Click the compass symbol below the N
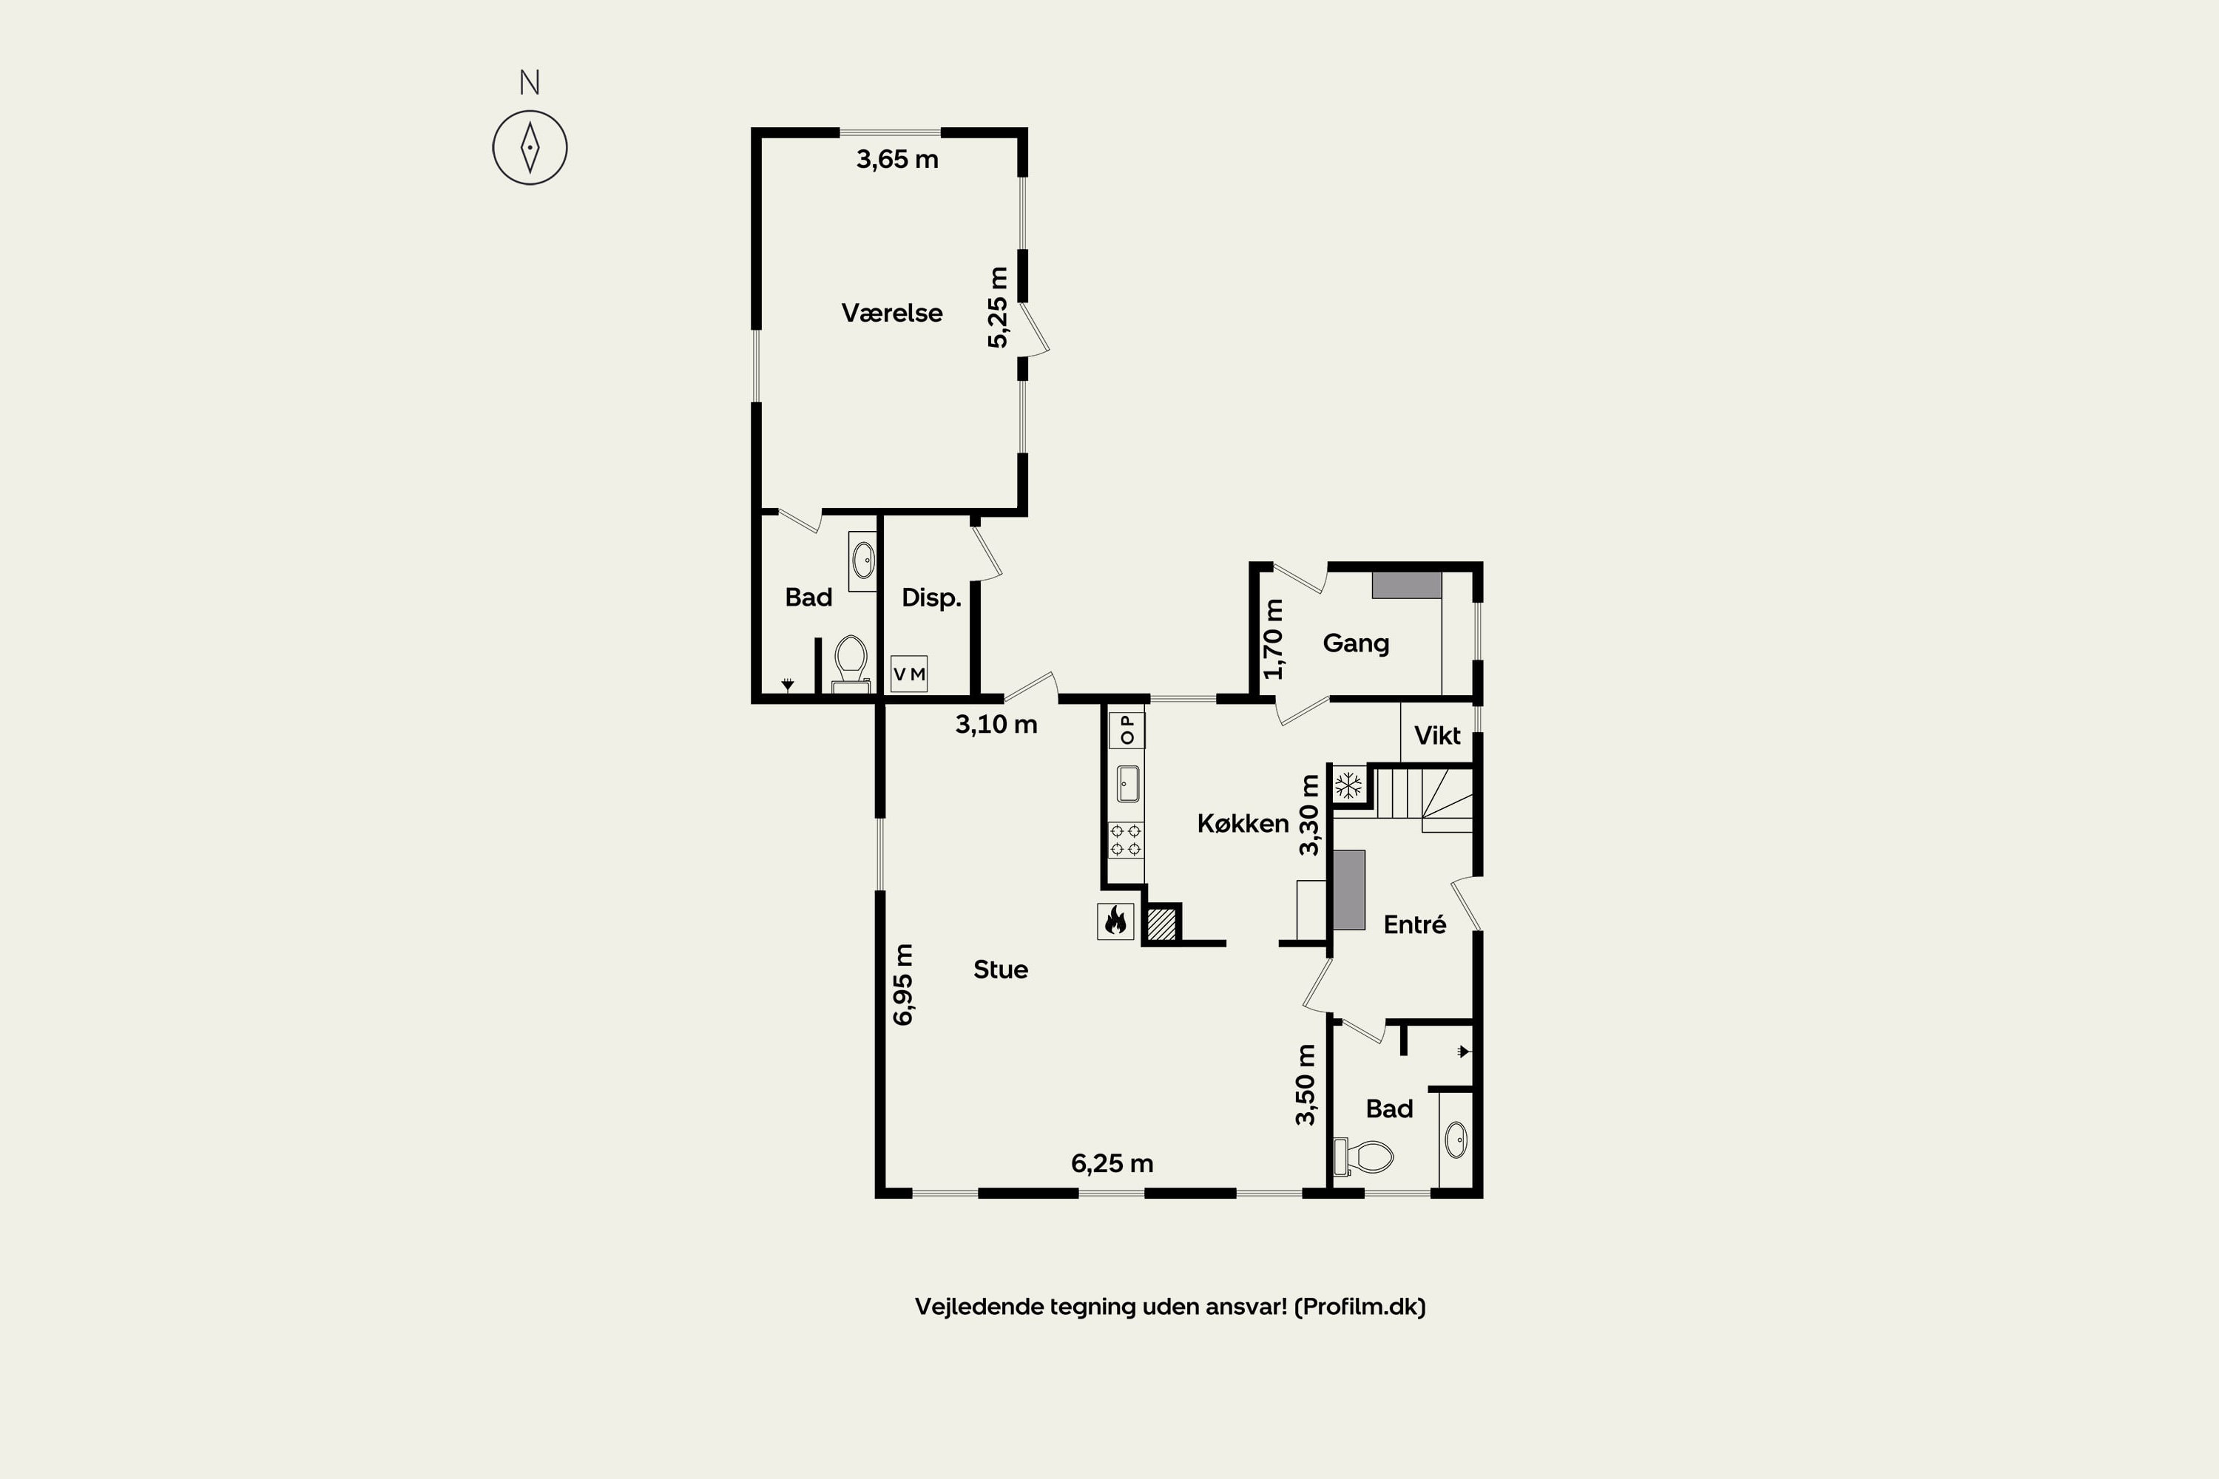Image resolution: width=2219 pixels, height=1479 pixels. (x=530, y=147)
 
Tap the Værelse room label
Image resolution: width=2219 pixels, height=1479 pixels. (x=891, y=313)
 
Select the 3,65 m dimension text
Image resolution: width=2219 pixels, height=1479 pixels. (x=897, y=160)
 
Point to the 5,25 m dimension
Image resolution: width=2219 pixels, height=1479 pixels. (x=998, y=307)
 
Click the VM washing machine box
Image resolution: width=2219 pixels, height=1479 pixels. (x=908, y=674)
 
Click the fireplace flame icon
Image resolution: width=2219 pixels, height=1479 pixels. (x=1115, y=921)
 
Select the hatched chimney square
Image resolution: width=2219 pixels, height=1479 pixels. (x=1161, y=924)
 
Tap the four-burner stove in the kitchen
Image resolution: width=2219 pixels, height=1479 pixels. (x=1126, y=839)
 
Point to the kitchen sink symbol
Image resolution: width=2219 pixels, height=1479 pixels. (x=1127, y=784)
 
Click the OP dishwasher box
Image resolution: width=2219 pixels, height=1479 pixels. (x=1127, y=730)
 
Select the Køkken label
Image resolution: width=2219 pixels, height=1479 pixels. (x=1243, y=824)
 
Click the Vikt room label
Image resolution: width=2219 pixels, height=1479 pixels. (x=1437, y=736)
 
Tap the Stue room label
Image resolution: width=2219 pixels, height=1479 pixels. (x=1000, y=969)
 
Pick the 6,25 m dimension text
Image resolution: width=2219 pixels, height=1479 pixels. (x=1112, y=1164)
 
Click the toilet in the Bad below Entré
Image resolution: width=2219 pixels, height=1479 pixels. (x=1363, y=1157)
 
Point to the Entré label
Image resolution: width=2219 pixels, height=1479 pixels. (x=1414, y=924)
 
